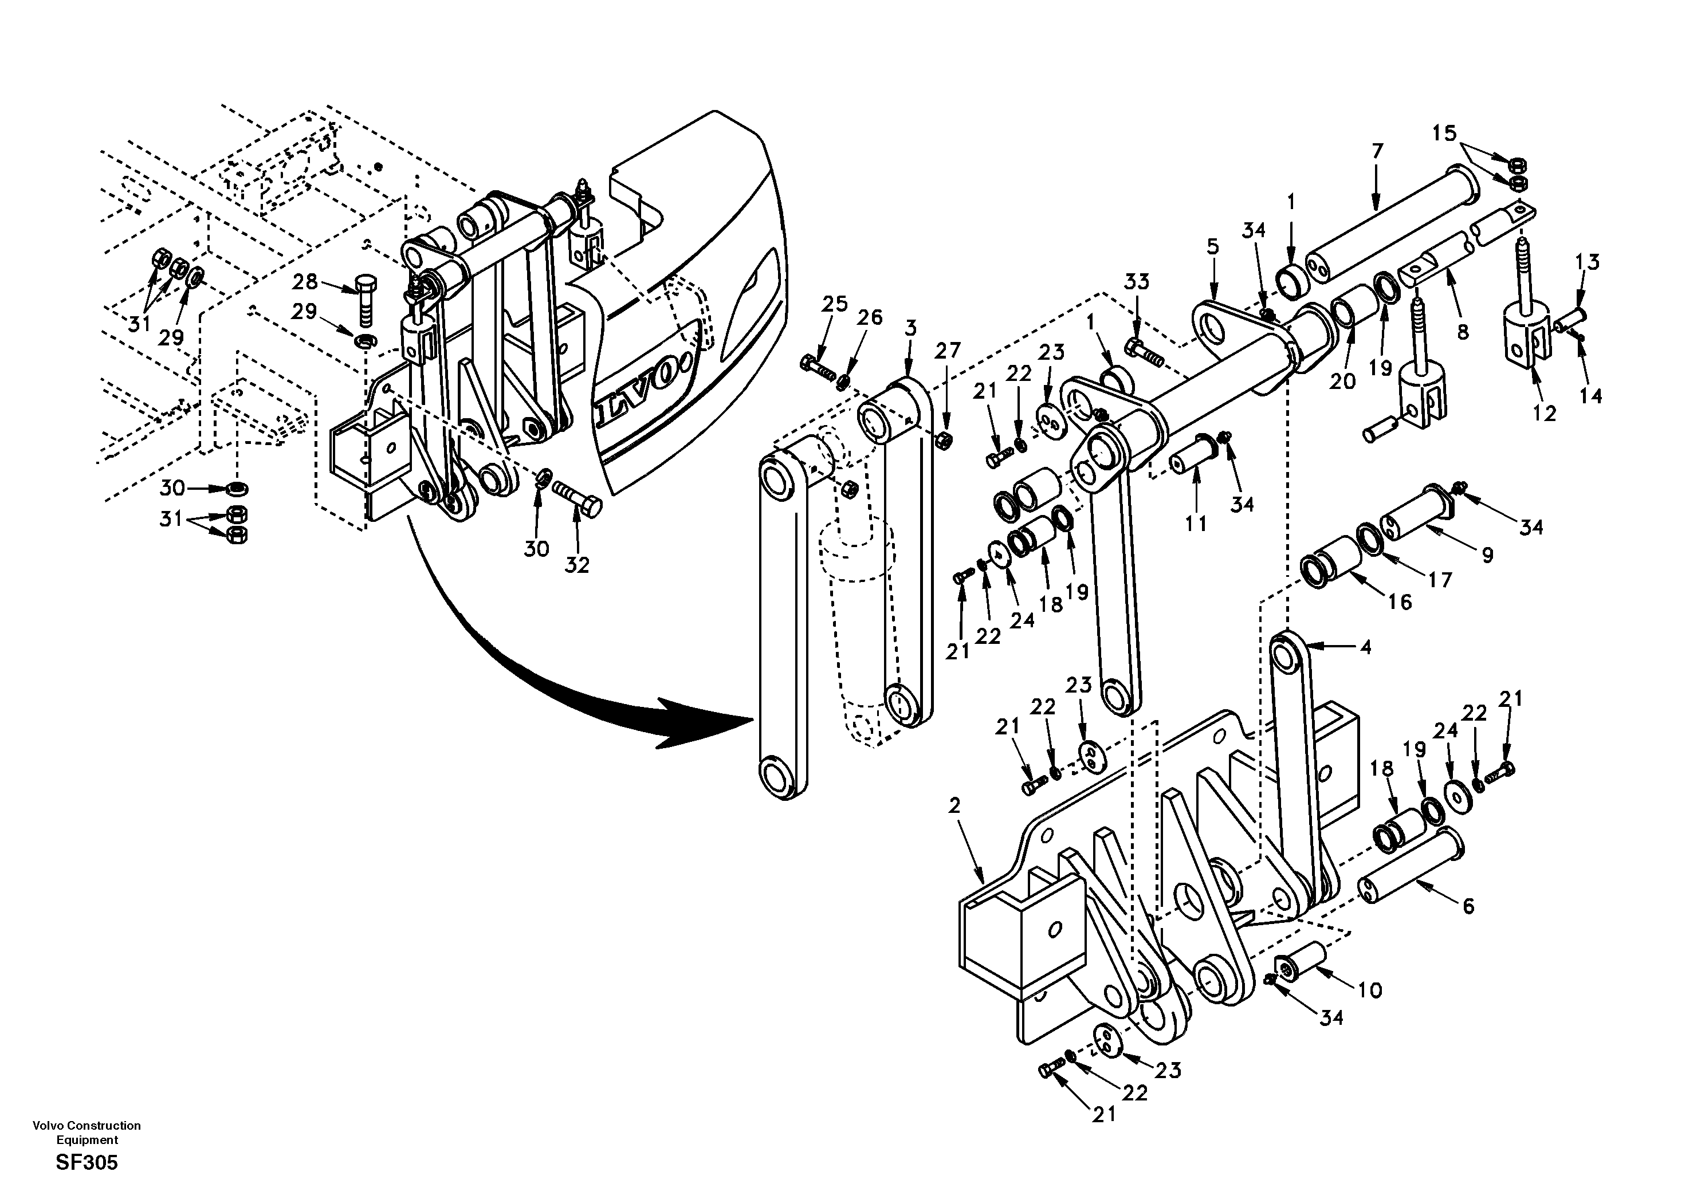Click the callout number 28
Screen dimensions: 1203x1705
(304, 282)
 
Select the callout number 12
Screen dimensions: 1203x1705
(1544, 414)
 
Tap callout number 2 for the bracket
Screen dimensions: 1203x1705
(954, 805)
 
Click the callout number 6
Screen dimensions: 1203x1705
(1468, 906)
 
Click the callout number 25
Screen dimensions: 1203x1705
(835, 304)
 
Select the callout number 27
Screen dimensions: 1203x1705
(948, 351)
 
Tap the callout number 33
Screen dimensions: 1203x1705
(1136, 282)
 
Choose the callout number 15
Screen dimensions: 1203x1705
(1444, 133)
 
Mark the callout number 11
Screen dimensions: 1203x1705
(1196, 524)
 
